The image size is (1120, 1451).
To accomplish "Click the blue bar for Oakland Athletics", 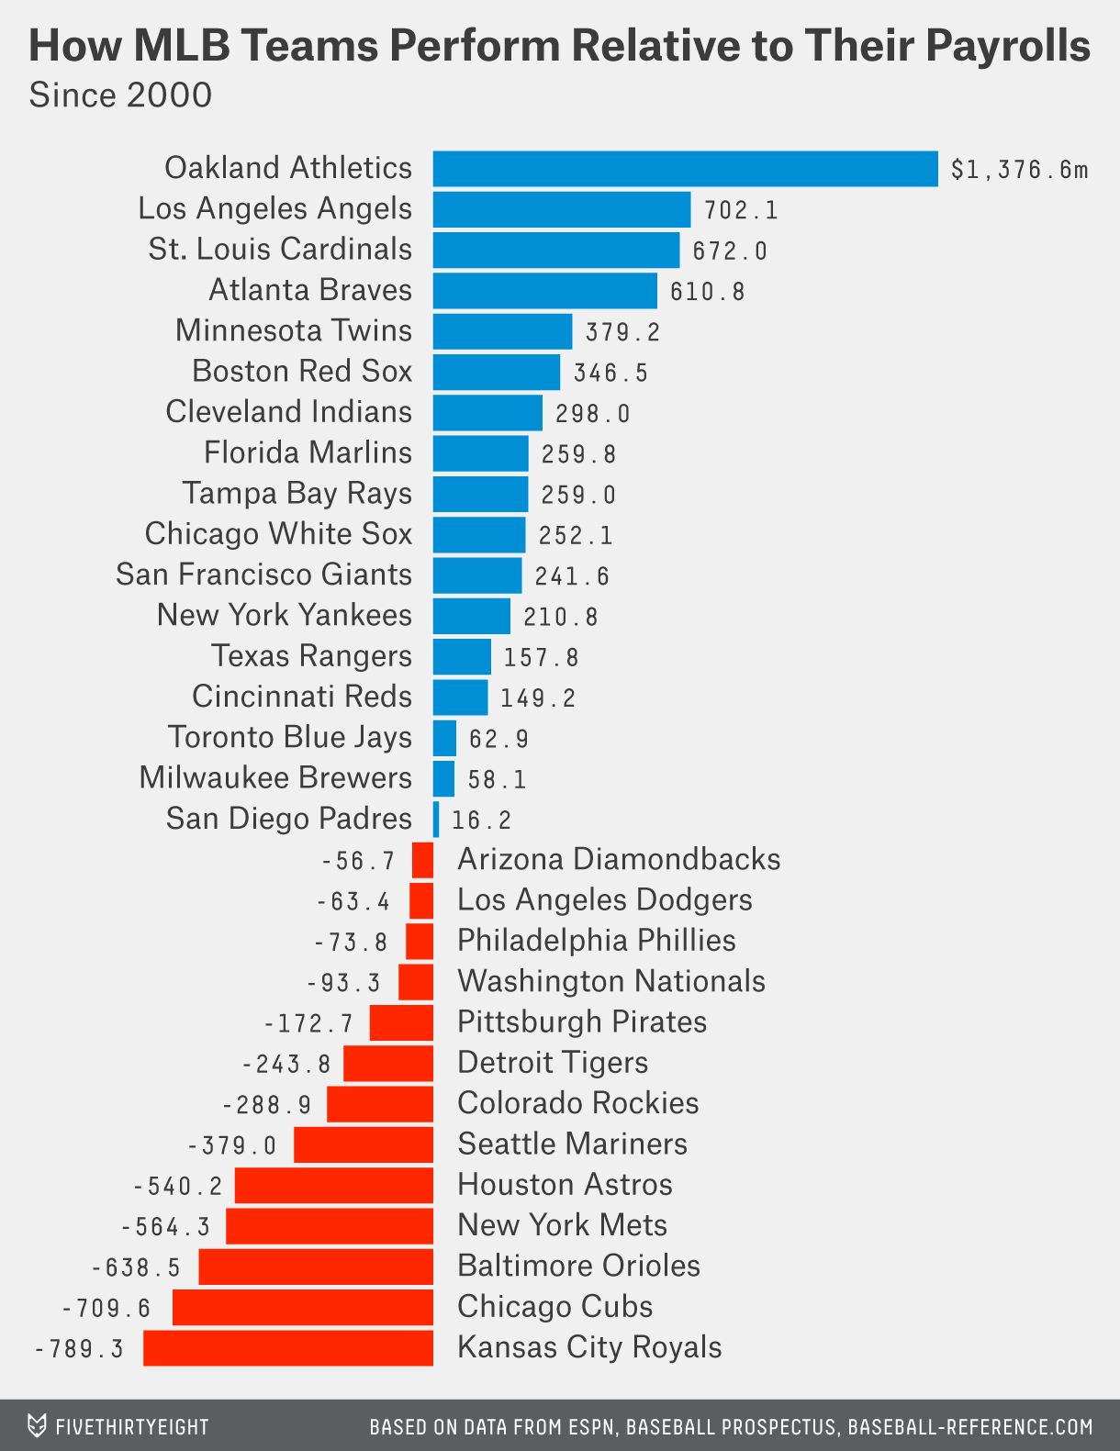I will pos(685,169).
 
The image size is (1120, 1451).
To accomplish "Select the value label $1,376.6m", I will pos(1019,170).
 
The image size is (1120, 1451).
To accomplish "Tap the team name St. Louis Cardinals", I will pos(280,249).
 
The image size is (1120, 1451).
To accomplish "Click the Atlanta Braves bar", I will pos(544,290).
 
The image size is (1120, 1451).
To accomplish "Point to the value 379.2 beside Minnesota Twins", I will pos(622,332).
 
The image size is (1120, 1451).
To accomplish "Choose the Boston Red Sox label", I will pos(302,371).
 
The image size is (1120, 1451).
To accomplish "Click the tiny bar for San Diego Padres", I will pos(436,819).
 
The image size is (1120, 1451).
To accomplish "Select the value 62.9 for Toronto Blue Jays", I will pos(498,739).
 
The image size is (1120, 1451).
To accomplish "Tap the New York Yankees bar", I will pos(471,616).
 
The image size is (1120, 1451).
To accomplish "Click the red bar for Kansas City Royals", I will pos(287,1348).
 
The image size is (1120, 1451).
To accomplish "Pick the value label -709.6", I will pos(106,1309).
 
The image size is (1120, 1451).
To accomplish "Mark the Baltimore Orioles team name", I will pos(578,1266).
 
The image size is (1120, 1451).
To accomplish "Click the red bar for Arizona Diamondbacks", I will pos(422,861).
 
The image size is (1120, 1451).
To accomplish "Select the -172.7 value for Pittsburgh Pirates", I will pos(308,1023).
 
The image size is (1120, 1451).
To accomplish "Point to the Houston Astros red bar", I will pos(333,1185).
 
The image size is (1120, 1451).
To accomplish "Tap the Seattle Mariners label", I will pos(572,1144).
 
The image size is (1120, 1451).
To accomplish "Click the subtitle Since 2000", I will pos(120,95).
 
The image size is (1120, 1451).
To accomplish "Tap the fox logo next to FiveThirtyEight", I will pos(37,1426).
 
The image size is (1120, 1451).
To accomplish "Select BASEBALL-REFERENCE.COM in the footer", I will pos(969,1427).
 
